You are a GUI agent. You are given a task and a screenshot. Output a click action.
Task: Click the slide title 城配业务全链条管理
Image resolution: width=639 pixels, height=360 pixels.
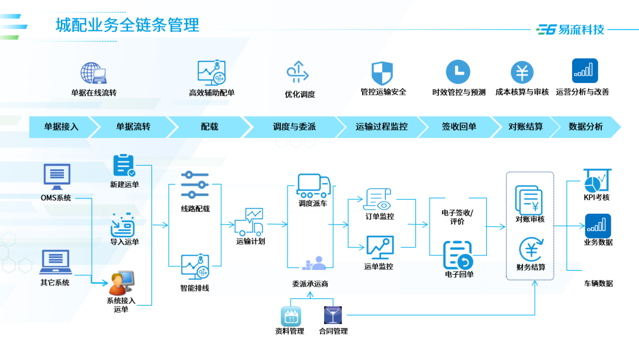[x=127, y=25]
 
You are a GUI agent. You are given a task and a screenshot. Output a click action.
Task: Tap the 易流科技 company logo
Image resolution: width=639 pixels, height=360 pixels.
[x=570, y=29]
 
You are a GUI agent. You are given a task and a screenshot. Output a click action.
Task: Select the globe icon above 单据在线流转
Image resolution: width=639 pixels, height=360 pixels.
[x=93, y=73]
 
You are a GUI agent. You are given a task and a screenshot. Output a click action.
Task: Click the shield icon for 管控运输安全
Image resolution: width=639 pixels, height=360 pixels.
[x=382, y=72]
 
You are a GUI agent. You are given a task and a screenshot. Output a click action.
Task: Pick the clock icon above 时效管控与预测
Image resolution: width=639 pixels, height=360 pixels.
[x=458, y=72]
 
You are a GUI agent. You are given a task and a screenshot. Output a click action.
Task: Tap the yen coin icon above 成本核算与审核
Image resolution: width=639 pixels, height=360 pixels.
[x=522, y=72]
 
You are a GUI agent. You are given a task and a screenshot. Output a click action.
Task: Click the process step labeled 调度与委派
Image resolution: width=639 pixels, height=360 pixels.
[x=294, y=127]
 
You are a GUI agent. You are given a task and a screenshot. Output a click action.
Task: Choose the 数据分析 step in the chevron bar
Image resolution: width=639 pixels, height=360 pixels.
[x=585, y=127]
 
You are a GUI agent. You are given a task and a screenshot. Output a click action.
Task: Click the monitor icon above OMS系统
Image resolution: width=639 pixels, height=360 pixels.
[x=57, y=176]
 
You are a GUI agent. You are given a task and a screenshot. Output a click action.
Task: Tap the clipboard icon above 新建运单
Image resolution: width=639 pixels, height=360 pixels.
[x=124, y=165]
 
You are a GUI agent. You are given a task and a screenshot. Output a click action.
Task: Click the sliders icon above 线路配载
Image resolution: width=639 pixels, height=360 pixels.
[x=195, y=185]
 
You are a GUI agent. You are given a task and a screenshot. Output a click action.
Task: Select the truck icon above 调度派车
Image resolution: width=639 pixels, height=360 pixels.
[x=314, y=185]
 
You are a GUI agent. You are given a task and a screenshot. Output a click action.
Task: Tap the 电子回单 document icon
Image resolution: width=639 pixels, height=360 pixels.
[x=457, y=255]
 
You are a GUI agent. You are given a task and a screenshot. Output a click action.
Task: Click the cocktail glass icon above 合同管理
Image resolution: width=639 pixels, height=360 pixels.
[x=333, y=315]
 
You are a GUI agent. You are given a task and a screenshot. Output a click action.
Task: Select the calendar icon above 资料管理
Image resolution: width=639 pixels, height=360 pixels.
[x=291, y=316]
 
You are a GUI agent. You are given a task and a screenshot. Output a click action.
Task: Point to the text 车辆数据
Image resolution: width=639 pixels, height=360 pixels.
[x=598, y=283]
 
